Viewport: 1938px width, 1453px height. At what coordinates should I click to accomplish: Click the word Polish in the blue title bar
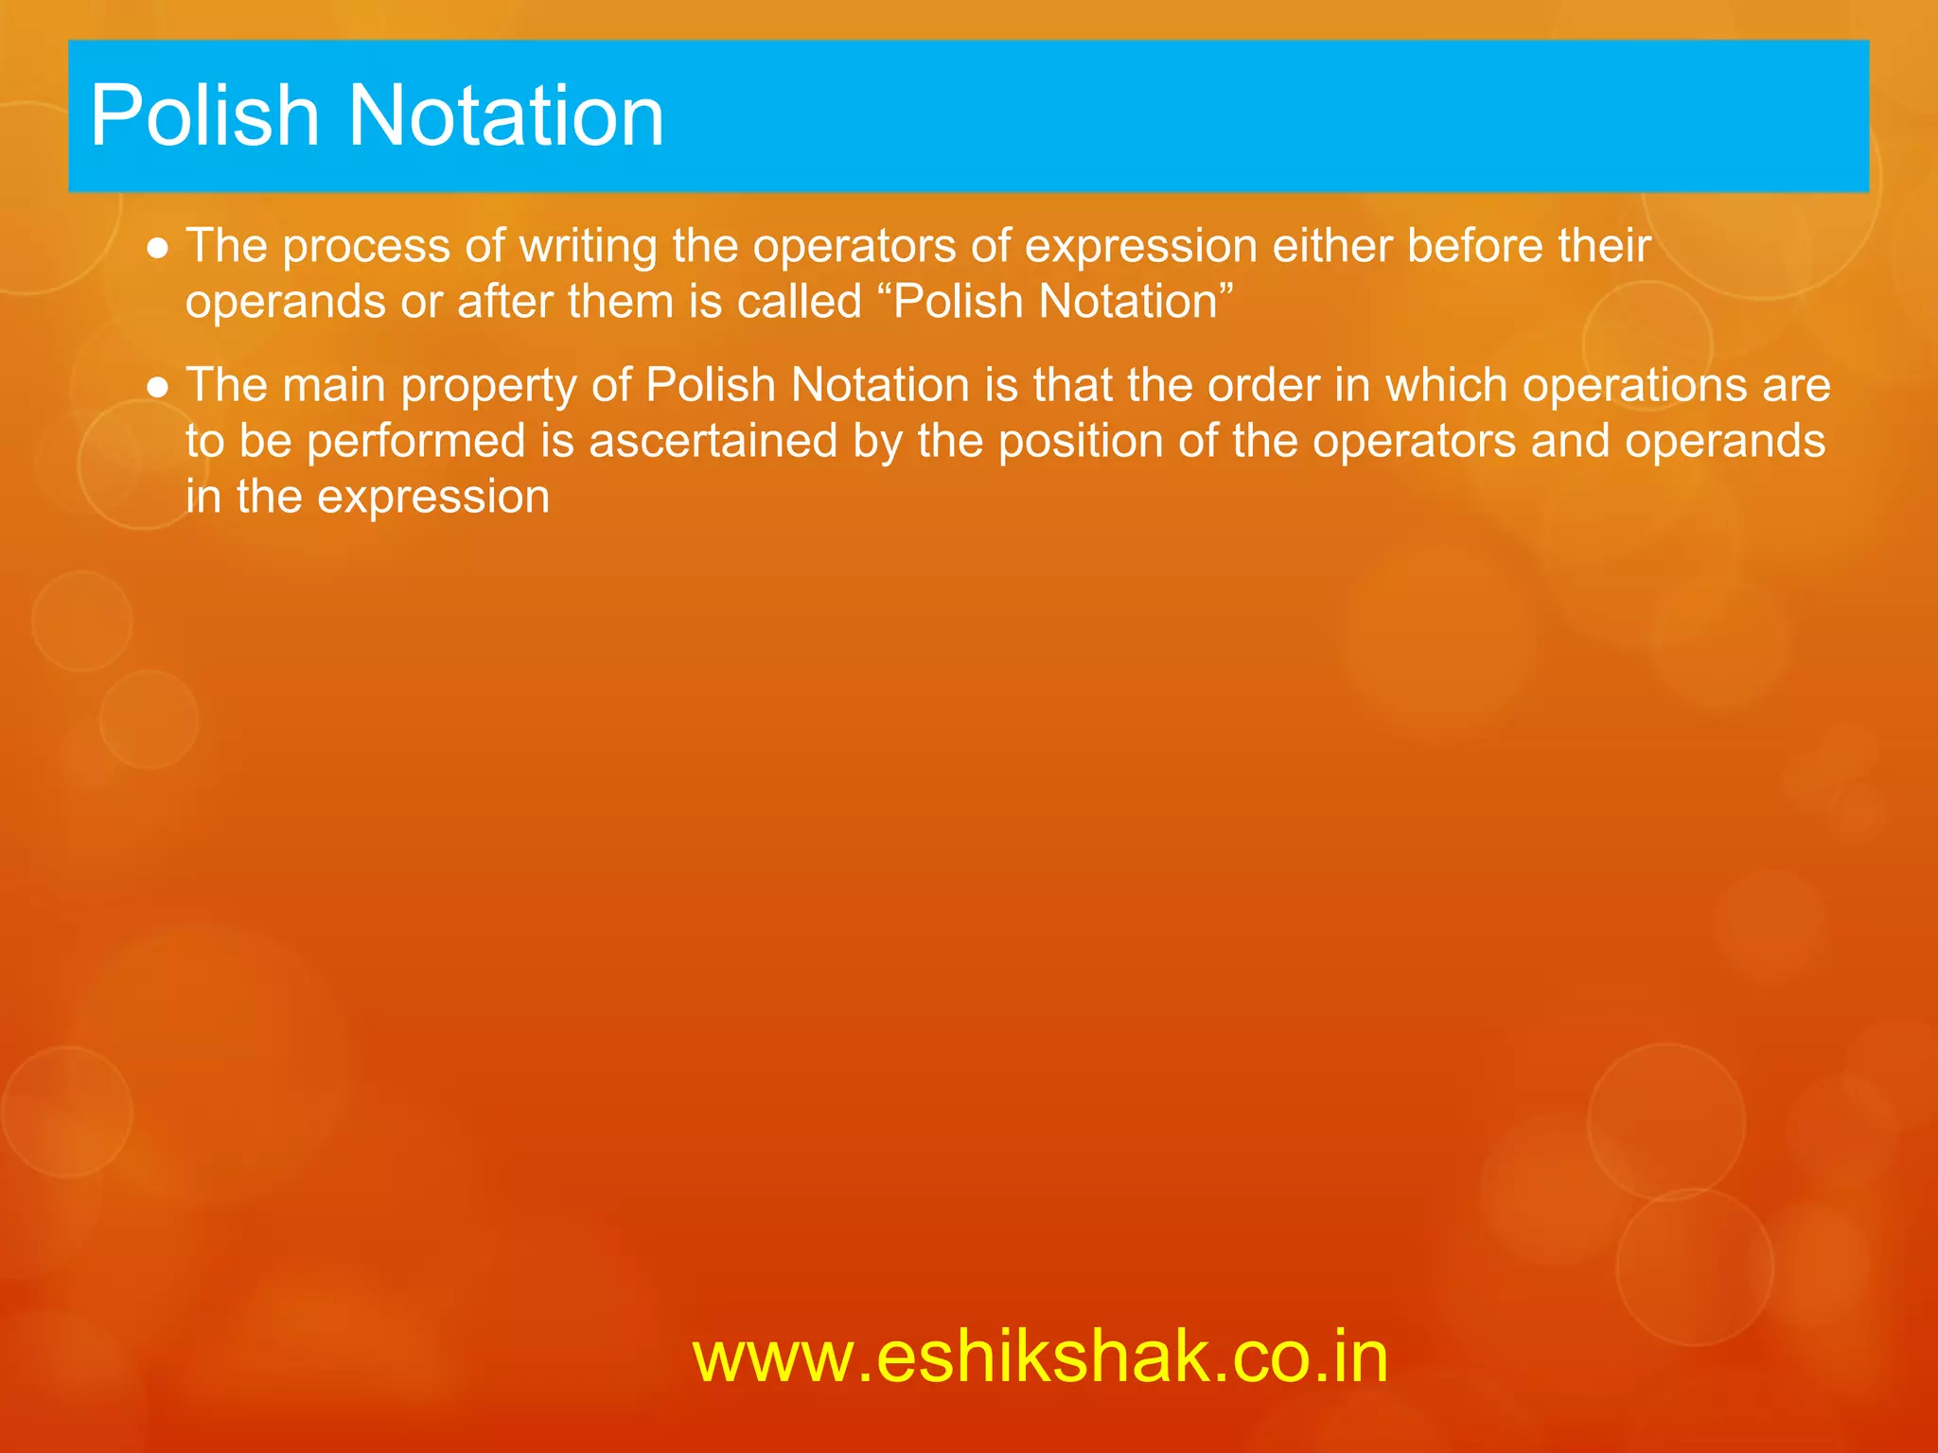204,115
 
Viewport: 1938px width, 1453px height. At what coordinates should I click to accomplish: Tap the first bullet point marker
159,248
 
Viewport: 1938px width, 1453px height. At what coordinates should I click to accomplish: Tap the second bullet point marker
159,387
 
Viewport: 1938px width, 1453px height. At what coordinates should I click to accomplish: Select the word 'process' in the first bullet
366,248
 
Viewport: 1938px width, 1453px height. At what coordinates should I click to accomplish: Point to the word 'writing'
588,248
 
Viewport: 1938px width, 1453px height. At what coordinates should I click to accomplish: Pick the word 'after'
505,303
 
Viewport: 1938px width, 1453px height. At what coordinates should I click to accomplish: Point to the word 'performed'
416,442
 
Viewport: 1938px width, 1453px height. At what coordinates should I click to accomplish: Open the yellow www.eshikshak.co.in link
1040,1357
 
